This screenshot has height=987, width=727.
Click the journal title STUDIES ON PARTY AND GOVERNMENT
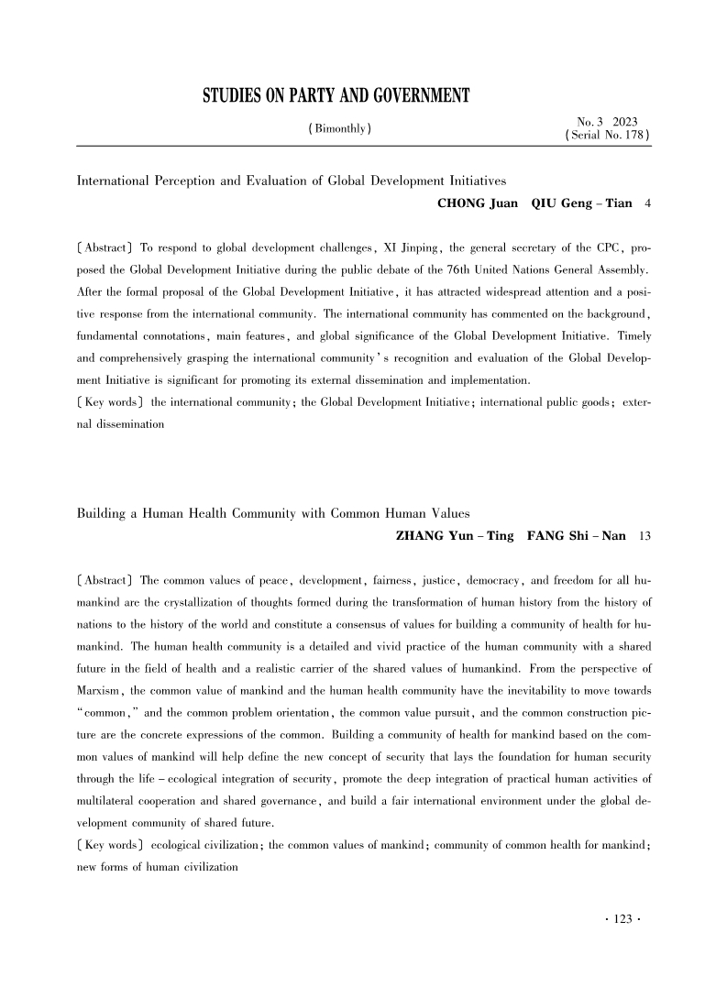(336, 96)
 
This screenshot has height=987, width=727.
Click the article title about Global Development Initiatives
(292, 180)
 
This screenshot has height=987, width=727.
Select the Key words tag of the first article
(108, 403)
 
